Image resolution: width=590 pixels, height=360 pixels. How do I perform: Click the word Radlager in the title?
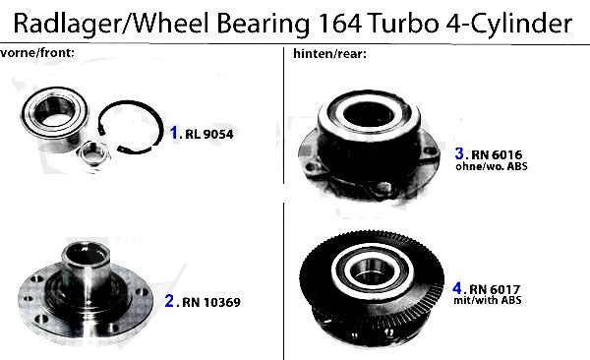pyautogui.click(x=67, y=24)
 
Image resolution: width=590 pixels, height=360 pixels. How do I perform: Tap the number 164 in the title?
pyautogui.click(x=339, y=24)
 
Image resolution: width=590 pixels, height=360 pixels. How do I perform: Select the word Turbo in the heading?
pyautogui.click(x=403, y=24)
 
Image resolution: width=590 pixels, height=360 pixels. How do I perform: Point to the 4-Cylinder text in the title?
pyautogui.click(x=508, y=25)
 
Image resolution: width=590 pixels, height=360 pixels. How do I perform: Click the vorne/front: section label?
pyautogui.click(x=37, y=53)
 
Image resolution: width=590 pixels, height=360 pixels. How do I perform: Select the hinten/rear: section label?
pyautogui.click(x=330, y=54)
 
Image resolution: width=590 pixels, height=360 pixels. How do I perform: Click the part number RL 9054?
pyautogui.click(x=208, y=134)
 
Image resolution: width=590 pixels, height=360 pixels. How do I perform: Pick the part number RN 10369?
pyautogui.click(x=211, y=302)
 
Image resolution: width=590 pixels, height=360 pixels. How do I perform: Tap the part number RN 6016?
pyautogui.click(x=497, y=154)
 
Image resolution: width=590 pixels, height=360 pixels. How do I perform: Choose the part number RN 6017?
pyautogui.click(x=495, y=289)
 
